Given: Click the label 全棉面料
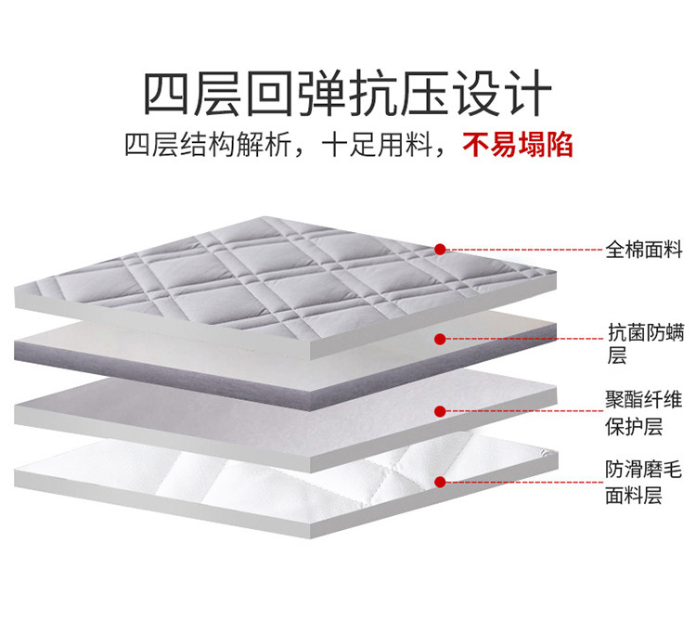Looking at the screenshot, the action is tap(643, 250).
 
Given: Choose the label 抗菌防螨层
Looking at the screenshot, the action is tap(643, 342).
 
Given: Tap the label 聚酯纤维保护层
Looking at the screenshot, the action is tap(643, 413).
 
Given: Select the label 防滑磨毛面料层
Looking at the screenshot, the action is tap(643, 483).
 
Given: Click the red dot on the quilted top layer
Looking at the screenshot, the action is tap(441, 249).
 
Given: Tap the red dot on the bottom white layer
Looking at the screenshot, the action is tap(441, 482).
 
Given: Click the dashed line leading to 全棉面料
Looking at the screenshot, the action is tap(524, 250).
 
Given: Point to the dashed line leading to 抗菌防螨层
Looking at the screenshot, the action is tap(524, 339).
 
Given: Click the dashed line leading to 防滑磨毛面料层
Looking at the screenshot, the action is tap(524, 482).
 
